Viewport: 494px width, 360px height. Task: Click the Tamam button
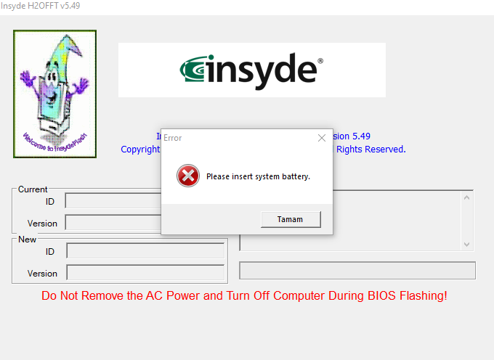click(x=291, y=219)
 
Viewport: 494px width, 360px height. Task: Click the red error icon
click(x=187, y=176)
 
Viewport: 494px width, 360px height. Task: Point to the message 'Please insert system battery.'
click(x=258, y=176)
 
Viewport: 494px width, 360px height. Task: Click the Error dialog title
click(x=173, y=138)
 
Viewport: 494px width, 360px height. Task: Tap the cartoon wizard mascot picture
click(x=54, y=94)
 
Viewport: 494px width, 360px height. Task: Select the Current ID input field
click(x=113, y=201)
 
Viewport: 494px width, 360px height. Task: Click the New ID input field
click(x=145, y=251)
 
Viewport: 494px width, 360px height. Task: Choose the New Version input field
click(x=145, y=273)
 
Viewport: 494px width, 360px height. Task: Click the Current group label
click(x=33, y=189)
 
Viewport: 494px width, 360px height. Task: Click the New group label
click(x=27, y=240)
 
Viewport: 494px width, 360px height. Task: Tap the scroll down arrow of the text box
click(x=467, y=245)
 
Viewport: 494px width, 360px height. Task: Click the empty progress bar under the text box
click(x=357, y=271)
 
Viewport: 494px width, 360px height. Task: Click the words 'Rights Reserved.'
click(x=370, y=150)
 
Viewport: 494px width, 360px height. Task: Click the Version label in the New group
click(x=42, y=274)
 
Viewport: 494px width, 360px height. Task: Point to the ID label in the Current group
click(x=50, y=201)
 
